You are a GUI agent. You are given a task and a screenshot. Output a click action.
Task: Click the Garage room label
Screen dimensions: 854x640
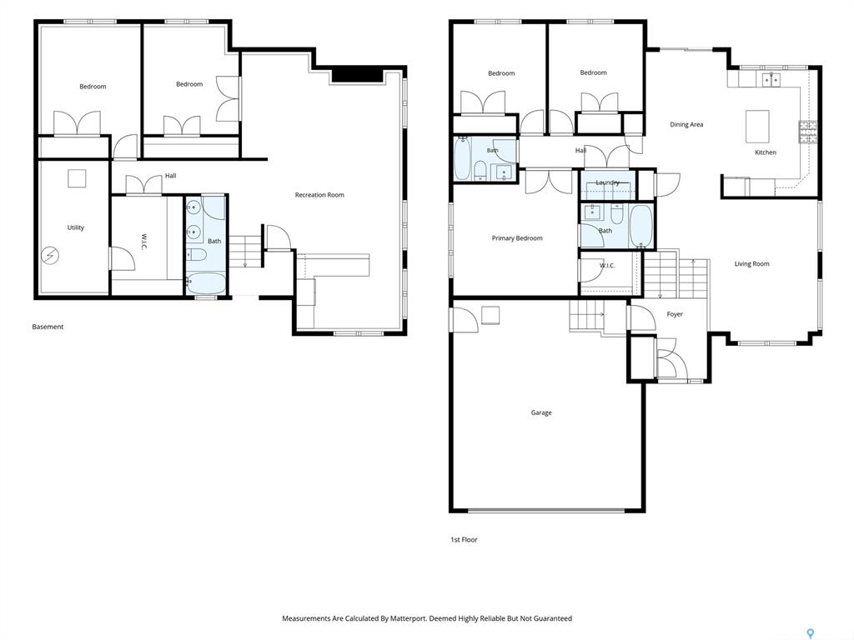tap(540, 412)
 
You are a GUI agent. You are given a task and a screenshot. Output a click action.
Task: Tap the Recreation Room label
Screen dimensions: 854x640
tap(319, 195)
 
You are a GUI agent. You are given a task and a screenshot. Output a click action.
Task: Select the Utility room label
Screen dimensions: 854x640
tap(76, 227)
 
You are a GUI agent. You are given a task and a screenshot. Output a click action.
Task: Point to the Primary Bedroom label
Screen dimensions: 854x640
tap(517, 237)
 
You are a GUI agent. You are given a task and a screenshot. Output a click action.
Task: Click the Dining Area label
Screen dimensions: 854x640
tap(686, 124)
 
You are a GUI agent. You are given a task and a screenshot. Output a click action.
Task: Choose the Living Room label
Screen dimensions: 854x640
tap(751, 263)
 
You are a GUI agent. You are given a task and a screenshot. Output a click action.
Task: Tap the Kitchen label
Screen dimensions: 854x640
tap(766, 152)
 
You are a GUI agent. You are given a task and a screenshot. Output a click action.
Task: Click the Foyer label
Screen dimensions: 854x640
tap(674, 314)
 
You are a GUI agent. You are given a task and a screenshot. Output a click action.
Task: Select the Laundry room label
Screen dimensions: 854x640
tap(607, 182)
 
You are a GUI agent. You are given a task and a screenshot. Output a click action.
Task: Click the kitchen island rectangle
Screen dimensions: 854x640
tap(757, 127)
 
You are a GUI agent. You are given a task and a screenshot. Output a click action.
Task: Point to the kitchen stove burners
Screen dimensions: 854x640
tap(807, 132)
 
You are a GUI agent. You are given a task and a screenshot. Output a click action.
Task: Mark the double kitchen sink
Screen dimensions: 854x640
tap(771, 80)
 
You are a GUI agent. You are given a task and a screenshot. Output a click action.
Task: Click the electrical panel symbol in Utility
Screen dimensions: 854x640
tap(51, 255)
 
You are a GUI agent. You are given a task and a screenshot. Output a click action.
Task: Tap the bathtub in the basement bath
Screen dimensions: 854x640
tap(206, 283)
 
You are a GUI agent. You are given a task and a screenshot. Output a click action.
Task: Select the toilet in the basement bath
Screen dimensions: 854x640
tap(196, 254)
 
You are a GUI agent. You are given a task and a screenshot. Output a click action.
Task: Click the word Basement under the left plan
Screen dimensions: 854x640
tap(48, 327)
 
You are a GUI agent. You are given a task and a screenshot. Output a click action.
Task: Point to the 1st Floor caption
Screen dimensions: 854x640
tap(464, 539)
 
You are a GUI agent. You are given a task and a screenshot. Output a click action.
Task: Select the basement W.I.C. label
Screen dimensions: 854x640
tap(143, 242)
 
